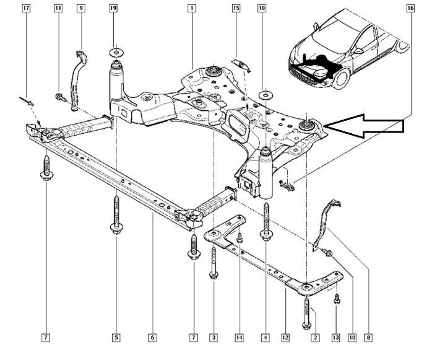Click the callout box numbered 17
pyautogui.click(x=25, y=9)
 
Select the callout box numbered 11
pyautogui.click(x=58, y=9)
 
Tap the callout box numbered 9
pyautogui.click(x=80, y=9)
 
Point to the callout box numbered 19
pyautogui.click(x=113, y=9)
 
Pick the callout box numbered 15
pyautogui.click(x=236, y=9)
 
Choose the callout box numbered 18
pyautogui.click(x=262, y=9)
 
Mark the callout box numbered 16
pyautogui.click(x=410, y=9)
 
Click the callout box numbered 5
pyautogui.click(x=116, y=338)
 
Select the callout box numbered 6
pyautogui.click(x=152, y=338)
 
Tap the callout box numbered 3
pyautogui.click(x=213, y=338)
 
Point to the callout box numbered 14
pyautogui.click(x=239, y=338)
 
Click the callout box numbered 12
pyautogui.click(x=285, y=338)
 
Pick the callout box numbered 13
pyautogui.click(x=335, y=338)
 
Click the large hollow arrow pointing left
pyautogui.click(x=365, y=126)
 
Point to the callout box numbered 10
pyautogui.click(x=352, y=338)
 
